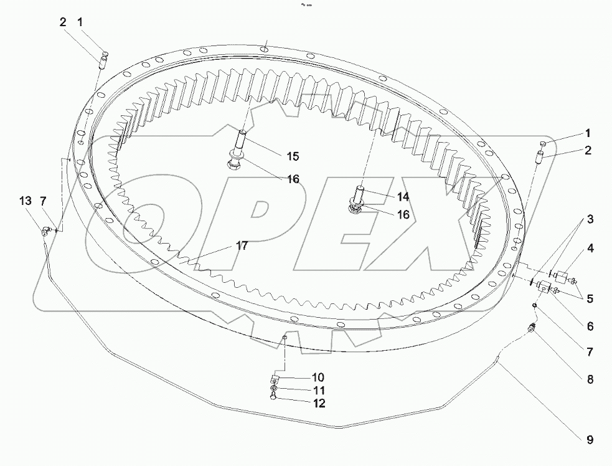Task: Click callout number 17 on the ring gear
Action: [x=242, y=246]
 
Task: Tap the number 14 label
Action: [x=403, y=196]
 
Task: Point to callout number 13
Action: [x=24, y=201]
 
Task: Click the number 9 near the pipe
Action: [x=589, y=440]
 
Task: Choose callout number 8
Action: [x=589, y=378]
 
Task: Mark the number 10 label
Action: [x=318, y=377]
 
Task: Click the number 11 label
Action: [x=318, y=389]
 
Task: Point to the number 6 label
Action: [x=589, y=326]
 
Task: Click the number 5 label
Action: [x=589, y=298]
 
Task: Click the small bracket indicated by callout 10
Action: [x=274, y=379]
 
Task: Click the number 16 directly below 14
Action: [x=403, y=214]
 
